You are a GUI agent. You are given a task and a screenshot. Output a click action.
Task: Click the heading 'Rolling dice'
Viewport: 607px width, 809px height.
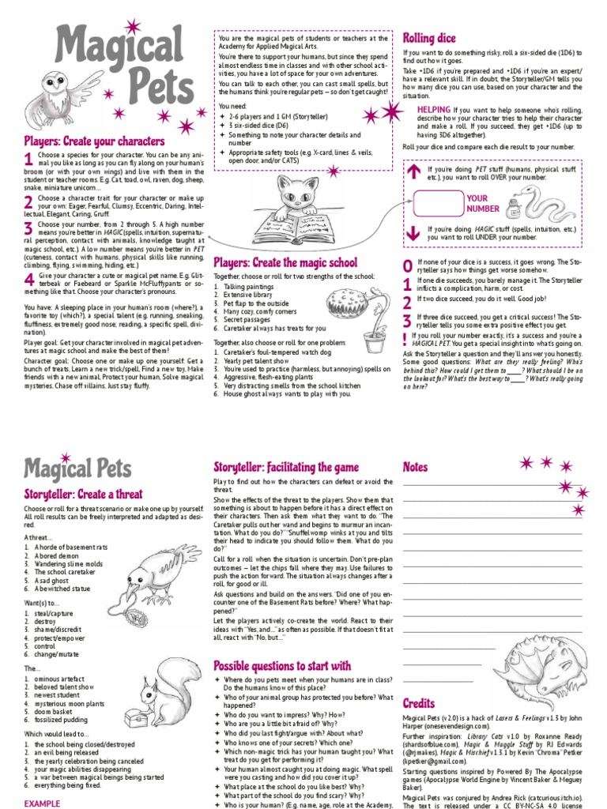coord(429,38)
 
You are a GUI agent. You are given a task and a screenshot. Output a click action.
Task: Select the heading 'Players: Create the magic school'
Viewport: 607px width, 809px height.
coord(285,262)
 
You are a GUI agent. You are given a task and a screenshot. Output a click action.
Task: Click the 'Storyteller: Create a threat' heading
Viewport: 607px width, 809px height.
coord(83,494)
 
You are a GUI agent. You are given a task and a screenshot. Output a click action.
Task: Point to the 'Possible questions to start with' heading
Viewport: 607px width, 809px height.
coord(282,665)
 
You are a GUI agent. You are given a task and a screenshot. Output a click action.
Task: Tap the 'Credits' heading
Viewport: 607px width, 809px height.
coord(419,703)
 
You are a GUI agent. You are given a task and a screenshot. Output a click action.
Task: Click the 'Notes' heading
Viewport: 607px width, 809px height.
coord(415,467)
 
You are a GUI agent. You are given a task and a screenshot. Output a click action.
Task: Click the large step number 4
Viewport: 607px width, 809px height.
coord(29,280)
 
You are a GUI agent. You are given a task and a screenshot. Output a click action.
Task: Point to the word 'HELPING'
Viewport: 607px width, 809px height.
coord(434,109)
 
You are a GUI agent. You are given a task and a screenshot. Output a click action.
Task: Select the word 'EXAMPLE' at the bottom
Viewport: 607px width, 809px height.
coord(42,803)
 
